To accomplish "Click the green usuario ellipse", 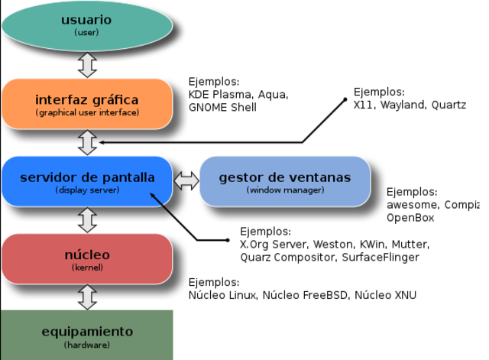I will pos(86,24).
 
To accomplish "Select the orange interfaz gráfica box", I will pos(86,104).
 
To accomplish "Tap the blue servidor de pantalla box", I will pos(86,181).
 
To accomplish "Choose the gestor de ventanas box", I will pos(284,181).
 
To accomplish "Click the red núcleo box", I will pos(86,258).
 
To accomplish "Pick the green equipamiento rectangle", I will pos(86,335).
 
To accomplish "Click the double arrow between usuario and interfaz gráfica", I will pos(88,65).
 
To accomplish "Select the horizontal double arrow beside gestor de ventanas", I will pos(186,181).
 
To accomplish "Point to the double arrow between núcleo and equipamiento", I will pos(88,297).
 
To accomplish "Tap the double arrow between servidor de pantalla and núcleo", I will pos(88,220).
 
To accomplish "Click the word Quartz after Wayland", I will pos(449,105).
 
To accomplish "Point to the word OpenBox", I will pos(410,218).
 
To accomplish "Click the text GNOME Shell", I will pos(222,108).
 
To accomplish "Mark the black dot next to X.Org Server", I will pos(228,240).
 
